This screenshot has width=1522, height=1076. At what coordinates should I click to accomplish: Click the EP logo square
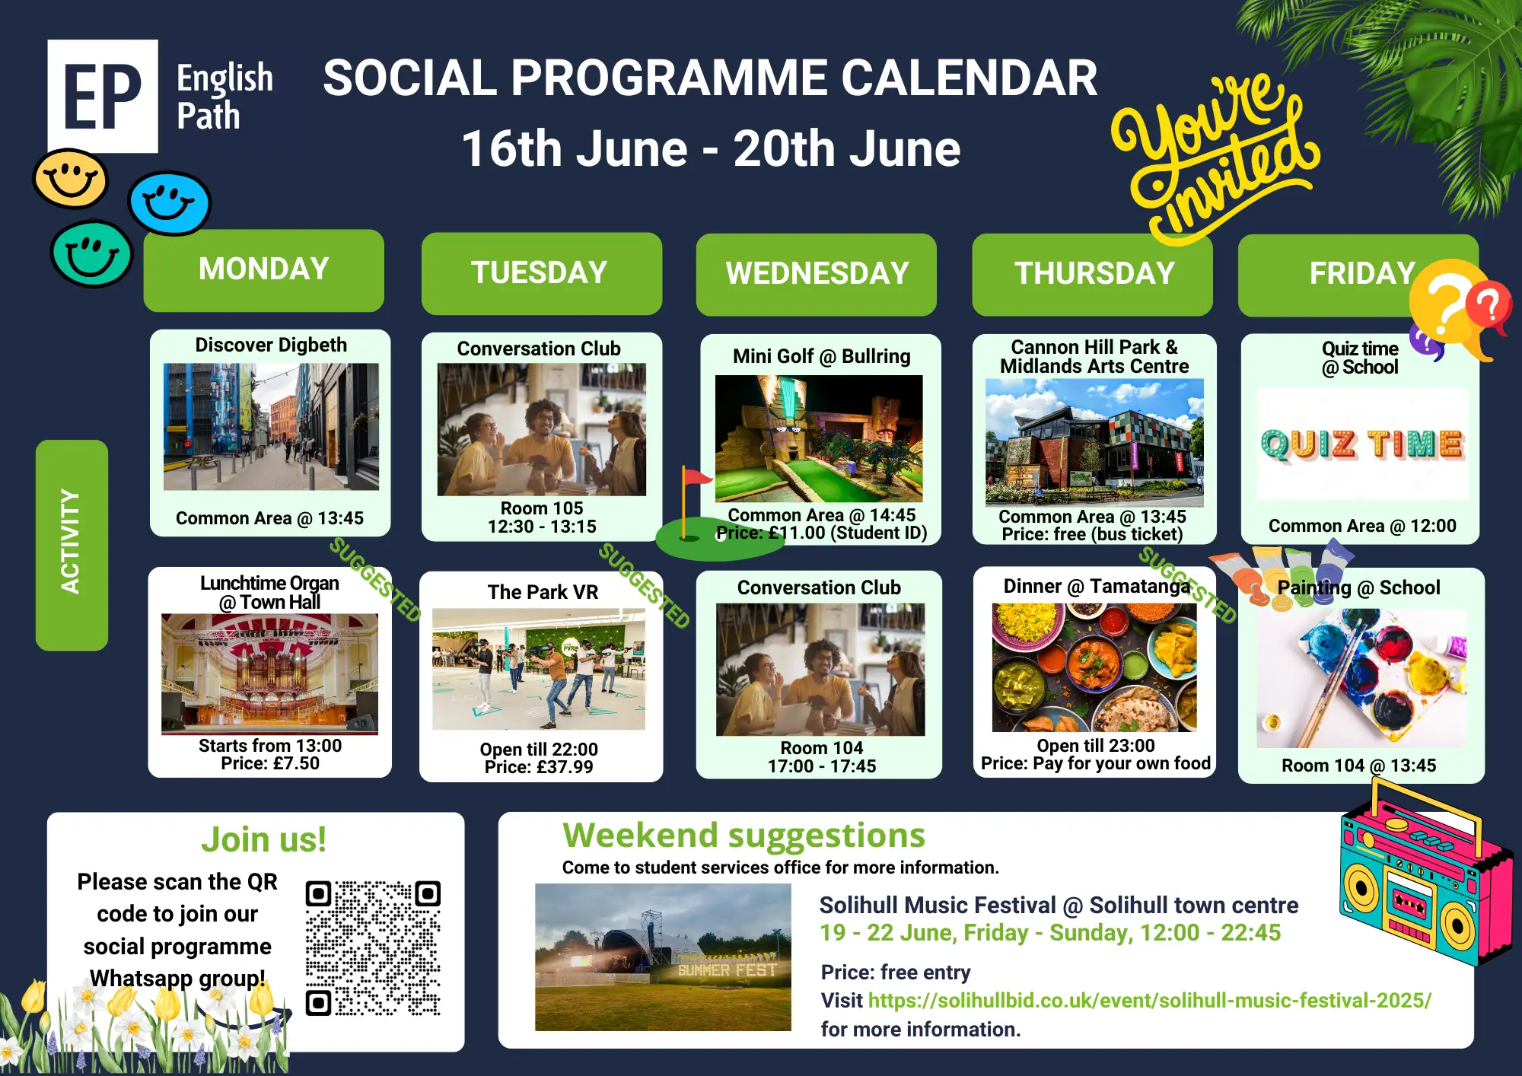tap(103, 96)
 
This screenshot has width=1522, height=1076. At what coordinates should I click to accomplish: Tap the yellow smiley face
tap(70, 179)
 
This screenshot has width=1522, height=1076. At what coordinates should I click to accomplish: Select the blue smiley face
tap(169, 202)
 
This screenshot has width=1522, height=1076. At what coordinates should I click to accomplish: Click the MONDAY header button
tap(263, 270)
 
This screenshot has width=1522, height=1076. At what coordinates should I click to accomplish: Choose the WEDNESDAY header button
tap(816, 274)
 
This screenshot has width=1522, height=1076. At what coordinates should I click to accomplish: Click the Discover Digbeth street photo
tap(271, 427)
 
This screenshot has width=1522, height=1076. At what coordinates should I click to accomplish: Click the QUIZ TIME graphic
tap(1362, 444)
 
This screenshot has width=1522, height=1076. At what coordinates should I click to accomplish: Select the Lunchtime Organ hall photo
tap(269, 674)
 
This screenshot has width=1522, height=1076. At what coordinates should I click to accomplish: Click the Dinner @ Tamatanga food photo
tap(1094, 667)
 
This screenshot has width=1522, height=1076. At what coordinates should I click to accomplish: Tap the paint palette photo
tap(1361, 678)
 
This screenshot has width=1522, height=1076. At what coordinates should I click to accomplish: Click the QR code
tap(373, 948)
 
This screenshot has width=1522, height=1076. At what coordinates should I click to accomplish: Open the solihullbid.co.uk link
tap(1149, 1000)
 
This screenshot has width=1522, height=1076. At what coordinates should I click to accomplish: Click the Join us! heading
tap(263, 840)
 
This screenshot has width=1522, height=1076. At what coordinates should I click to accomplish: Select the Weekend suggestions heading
tap(743, 836)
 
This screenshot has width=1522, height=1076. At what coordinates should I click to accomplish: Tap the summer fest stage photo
tap(663, 957)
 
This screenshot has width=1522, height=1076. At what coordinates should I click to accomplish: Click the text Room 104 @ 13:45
tap(1358, 766)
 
